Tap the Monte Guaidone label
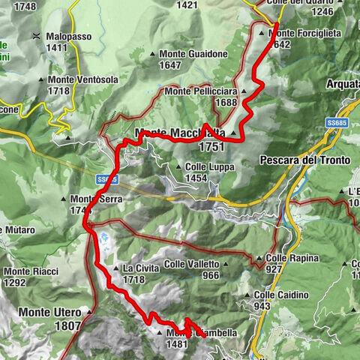[x=192, y=54]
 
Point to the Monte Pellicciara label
[x=201, y=91]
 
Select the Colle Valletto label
[x=192, y=264]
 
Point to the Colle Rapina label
[x=292, y=258]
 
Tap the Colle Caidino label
[x=280, y=295]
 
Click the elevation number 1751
[x=213, y=148]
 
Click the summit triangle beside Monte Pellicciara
[x=244, y=91]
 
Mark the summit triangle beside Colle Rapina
[x=259, y=259]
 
